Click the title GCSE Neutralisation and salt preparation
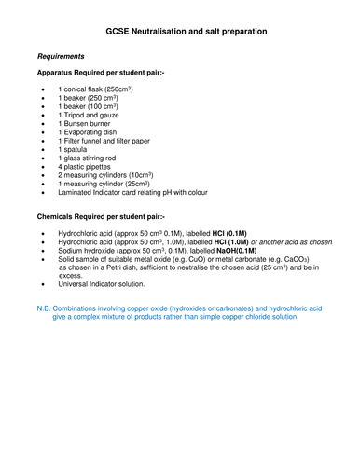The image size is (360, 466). pyautogui.click(x=179, y=32)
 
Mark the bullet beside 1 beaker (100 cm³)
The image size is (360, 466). pyautogui.click(x=46, y=107)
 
